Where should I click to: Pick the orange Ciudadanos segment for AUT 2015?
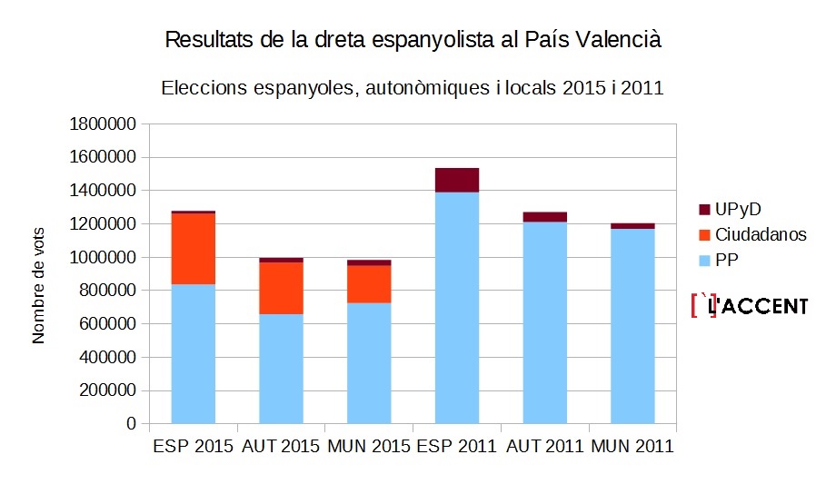(x=281, y=288)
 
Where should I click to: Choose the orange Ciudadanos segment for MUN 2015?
(x=369, y=284)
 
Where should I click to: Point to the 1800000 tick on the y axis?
(x=103, y=123)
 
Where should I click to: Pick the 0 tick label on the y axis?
(x=131, y=424)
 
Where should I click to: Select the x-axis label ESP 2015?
(x=192, y=447)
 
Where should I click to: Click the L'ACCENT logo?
(x=749, y=306)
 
